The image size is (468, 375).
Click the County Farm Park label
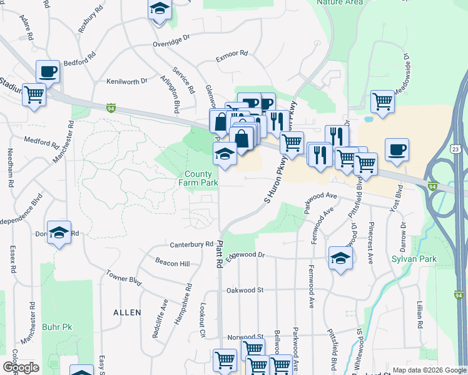(201, 178)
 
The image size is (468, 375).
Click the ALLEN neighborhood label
(127, 312)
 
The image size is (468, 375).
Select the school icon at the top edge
(160, 9)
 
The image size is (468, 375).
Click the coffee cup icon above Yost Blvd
(397, 149)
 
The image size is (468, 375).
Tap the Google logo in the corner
(21, 367)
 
